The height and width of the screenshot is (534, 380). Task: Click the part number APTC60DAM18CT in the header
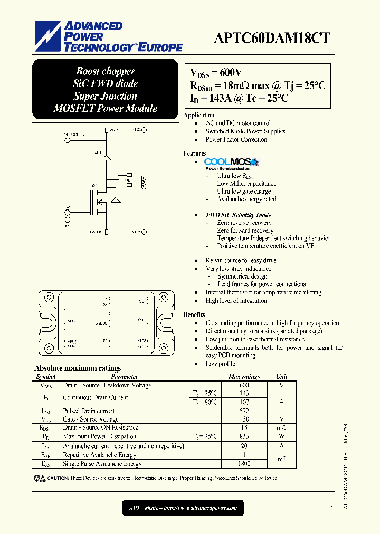[x=273, y=37]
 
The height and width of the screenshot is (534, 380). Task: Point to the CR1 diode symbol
[x=106, y=157]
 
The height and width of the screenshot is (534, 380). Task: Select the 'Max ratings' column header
[x=244, y=377]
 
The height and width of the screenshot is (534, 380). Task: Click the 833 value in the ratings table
[x=244, y=436]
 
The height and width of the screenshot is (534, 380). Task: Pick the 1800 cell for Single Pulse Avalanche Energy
[x=244, y=464]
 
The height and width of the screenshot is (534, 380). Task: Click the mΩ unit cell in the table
[x=281, y=428]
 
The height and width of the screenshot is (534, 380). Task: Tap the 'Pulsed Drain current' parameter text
[x=89, y=411]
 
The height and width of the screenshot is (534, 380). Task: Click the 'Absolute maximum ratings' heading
[x=78, y=368]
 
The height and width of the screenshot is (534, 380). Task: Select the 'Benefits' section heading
[x=194, y=314]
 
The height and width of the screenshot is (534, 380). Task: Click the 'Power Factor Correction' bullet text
[x=236, y=140]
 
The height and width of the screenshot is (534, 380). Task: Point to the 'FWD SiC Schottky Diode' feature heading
[x=239, y=215]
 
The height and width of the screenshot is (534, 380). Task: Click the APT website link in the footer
[x=183, y=508]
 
